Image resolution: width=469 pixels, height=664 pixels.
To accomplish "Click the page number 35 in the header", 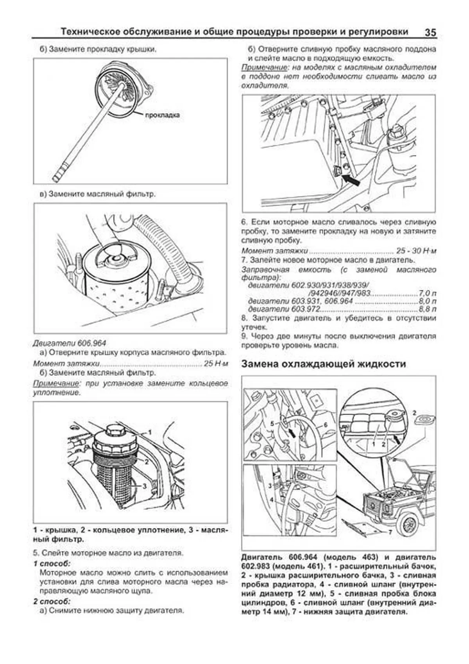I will [x=430, y=32].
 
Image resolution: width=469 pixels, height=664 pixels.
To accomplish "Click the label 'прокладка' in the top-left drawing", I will [x=162, y=115].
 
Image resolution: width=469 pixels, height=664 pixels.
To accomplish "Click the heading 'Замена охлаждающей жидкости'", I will [x=323, y=364].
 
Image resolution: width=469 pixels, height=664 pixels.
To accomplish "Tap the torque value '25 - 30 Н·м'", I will [x=416, y=251].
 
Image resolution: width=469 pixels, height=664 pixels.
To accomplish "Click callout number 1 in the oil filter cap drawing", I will [x=149, y=432].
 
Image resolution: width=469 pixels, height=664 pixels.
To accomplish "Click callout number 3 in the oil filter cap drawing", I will [x=144, y=486].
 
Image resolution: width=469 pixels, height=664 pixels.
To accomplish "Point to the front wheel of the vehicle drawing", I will [x=408, y=524].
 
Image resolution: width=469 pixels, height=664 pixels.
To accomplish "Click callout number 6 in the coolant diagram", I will [x=325, y=425].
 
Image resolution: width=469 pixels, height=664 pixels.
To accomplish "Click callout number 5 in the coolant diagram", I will [x=272, y=423].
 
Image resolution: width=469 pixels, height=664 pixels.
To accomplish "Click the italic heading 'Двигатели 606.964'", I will [x=69, y=343].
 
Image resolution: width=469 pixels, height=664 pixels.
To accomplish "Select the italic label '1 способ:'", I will [x=52, y=563].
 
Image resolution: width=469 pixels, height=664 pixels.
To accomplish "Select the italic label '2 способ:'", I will [x=52, y=601].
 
